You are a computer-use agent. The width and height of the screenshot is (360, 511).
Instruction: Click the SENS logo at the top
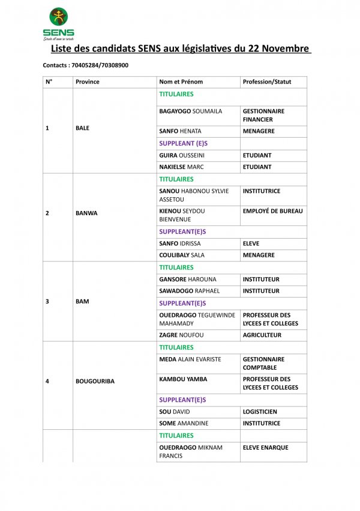pyautogui.click(x=58, y=23)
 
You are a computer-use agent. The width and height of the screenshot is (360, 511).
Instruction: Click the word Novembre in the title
pyautogui.click(x=286, y=49)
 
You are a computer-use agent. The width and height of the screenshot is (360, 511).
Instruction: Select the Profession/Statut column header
pyautogui.click(x=266, y=82)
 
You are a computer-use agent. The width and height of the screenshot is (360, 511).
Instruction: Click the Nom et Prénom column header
pyautogui.click(x=181, y=82)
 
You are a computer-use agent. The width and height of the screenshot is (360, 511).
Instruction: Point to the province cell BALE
pyautogui.click(x=82, y=128)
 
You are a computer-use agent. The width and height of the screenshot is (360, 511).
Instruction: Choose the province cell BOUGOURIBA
pyautogui.click(x=95, y=381)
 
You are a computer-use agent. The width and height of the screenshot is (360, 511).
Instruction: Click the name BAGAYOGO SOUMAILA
pyautogui.click(x=190, y=111)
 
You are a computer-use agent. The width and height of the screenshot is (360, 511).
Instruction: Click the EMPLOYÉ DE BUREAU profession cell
pyautogui.click(x=272, y=211)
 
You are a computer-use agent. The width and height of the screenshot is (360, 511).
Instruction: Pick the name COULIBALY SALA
pyautogui.click(x=182, y=255)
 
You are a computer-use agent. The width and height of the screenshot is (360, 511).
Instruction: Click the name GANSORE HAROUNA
pyautogui.click(x=188, y=279)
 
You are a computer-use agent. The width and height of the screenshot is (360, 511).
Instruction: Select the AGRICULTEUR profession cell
pyautogui.click(x=262, y=335)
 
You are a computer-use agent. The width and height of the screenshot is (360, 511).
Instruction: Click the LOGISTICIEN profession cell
pyautogui.click(x=260, y=412)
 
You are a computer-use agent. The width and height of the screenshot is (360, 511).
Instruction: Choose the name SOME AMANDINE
pyautogui.click(x=184, y=423)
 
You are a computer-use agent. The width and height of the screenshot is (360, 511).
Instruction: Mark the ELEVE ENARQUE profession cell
pyautogui.click(x=265, y=447)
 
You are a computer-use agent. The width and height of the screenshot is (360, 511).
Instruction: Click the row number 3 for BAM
pyautogui.click(x=47, y=301)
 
